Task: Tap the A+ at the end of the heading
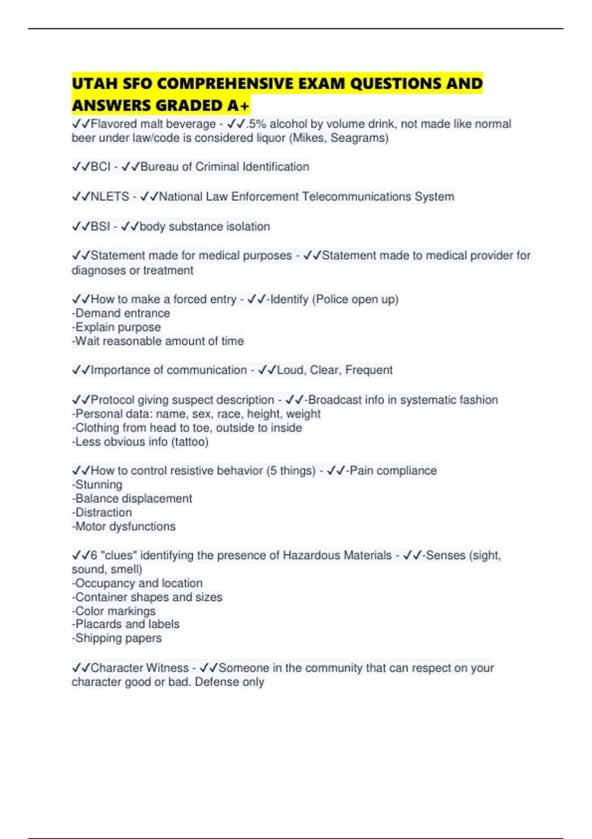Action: [x=239, y=106]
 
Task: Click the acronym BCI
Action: [x=101, y=167]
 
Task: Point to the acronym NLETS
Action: [x=110, y=196]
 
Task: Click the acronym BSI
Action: [x=101, y=227]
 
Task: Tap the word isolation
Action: [x=248, y=227]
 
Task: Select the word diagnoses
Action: [x=99, y=270]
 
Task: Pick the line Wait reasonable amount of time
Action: [x=158, y=341]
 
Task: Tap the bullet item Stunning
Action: [x=97, y=485]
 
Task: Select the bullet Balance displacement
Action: [x=132, y=498]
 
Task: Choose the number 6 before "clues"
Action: [x=94, y=555]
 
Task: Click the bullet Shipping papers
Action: [x=117, y=638]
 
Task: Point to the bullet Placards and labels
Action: [x=126, y=624]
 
